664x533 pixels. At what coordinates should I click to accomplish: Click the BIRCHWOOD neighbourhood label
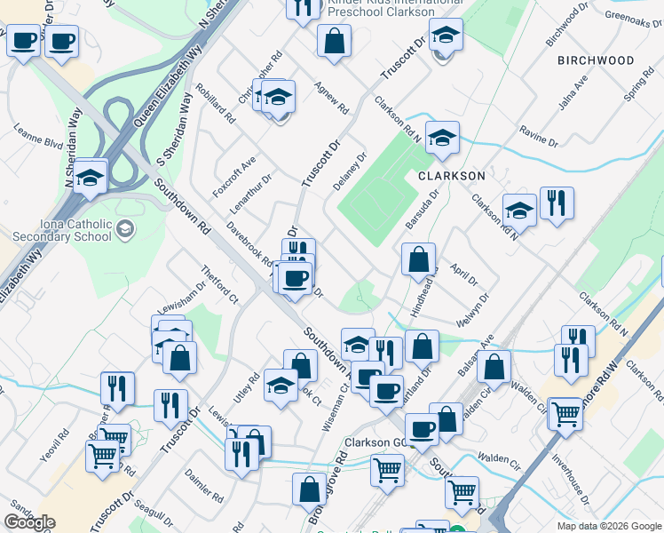point(596,60)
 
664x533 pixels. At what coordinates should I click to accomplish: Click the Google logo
point(29,522)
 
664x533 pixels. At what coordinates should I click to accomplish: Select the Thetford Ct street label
point(219,282)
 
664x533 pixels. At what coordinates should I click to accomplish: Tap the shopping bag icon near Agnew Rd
point(334,41)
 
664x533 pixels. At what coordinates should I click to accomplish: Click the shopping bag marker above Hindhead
point(419,259)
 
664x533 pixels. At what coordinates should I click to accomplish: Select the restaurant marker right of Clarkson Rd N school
point(557,203)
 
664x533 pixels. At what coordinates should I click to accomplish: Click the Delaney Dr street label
point(355,170)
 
